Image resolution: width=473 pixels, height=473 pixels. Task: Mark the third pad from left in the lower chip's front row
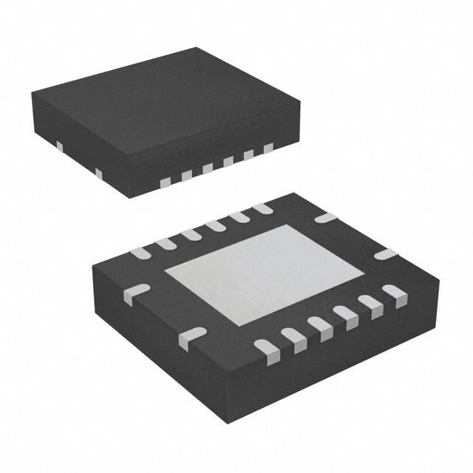tap(319, 326)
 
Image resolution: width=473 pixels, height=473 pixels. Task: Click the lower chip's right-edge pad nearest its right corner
tap(385, 254)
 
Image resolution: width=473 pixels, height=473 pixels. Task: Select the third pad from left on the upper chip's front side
tap(208, 169)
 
